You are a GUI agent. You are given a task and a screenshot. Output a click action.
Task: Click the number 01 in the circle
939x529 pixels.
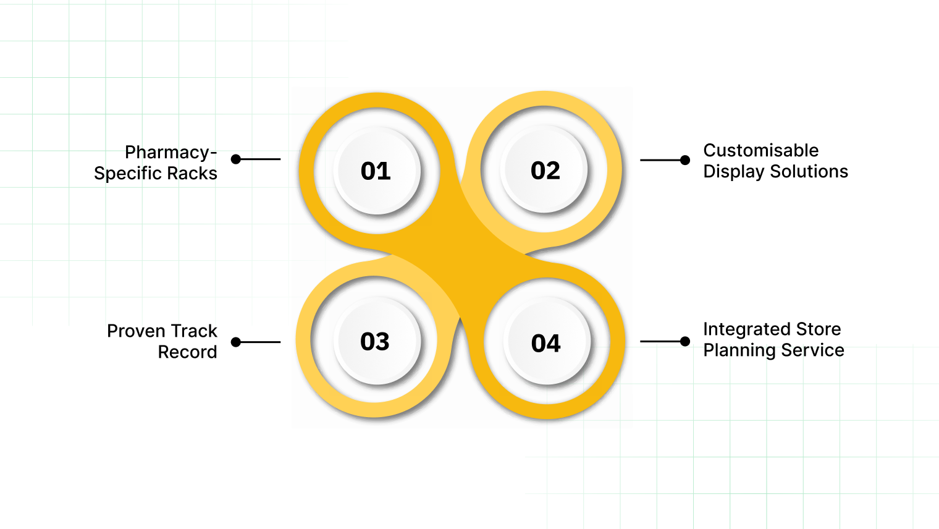pyautogui.click(x=376, y=171)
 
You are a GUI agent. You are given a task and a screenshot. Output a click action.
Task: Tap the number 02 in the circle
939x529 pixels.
pyautogui.click(x=545, y=171)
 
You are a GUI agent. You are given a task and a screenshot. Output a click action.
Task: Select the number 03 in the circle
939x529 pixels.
pyautogui.click(x=375, y=342)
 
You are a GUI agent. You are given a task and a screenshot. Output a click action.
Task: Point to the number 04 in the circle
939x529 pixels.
pyautogui.click(x=546, y=344)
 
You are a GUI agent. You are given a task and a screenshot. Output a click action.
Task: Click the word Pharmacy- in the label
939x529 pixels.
pyautogui.click(x=171, y=153)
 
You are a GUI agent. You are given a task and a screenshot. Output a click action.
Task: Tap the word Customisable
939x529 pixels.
pyautogui.click(x=760, y=151)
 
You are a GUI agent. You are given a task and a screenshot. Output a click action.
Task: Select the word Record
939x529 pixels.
pyautogui.click(x=187, y=352)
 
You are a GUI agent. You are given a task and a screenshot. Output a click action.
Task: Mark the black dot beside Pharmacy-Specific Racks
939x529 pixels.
pyautogui.click(x=236, y=159)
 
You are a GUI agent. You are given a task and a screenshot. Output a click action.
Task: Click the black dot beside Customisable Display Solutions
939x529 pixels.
pyautogui.click(x=684, y=160)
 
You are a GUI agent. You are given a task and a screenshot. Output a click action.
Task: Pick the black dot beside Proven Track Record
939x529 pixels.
pyautogui.click(x=236, y=342)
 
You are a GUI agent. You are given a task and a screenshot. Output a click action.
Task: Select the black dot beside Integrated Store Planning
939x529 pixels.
pyautogui.click(x=684, y=341)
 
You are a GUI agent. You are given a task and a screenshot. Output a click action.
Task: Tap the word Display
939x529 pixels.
pyautogui.click(x=734, y=172)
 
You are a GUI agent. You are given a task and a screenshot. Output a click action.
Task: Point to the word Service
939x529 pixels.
pyautogui.click(x=814, y=350)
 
